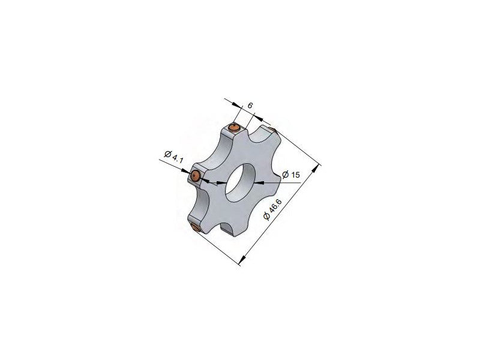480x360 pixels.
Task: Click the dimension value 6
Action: click(x=250, y=106)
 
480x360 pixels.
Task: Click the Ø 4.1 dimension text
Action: click(x=173, y=157)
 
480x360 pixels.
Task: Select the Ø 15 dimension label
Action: click(x=291, y=175)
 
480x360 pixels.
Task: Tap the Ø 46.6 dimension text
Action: click(x=272, y=209)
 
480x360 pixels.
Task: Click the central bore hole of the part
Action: click(x=240, y=182)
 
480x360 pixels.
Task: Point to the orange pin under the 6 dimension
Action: click(x=235, y=127)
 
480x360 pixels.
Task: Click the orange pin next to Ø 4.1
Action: click(x=194, y=176)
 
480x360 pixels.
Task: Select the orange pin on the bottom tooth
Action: click(x=194, y=227)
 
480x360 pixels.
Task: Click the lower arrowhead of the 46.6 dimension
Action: click(x=242, y=260)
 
